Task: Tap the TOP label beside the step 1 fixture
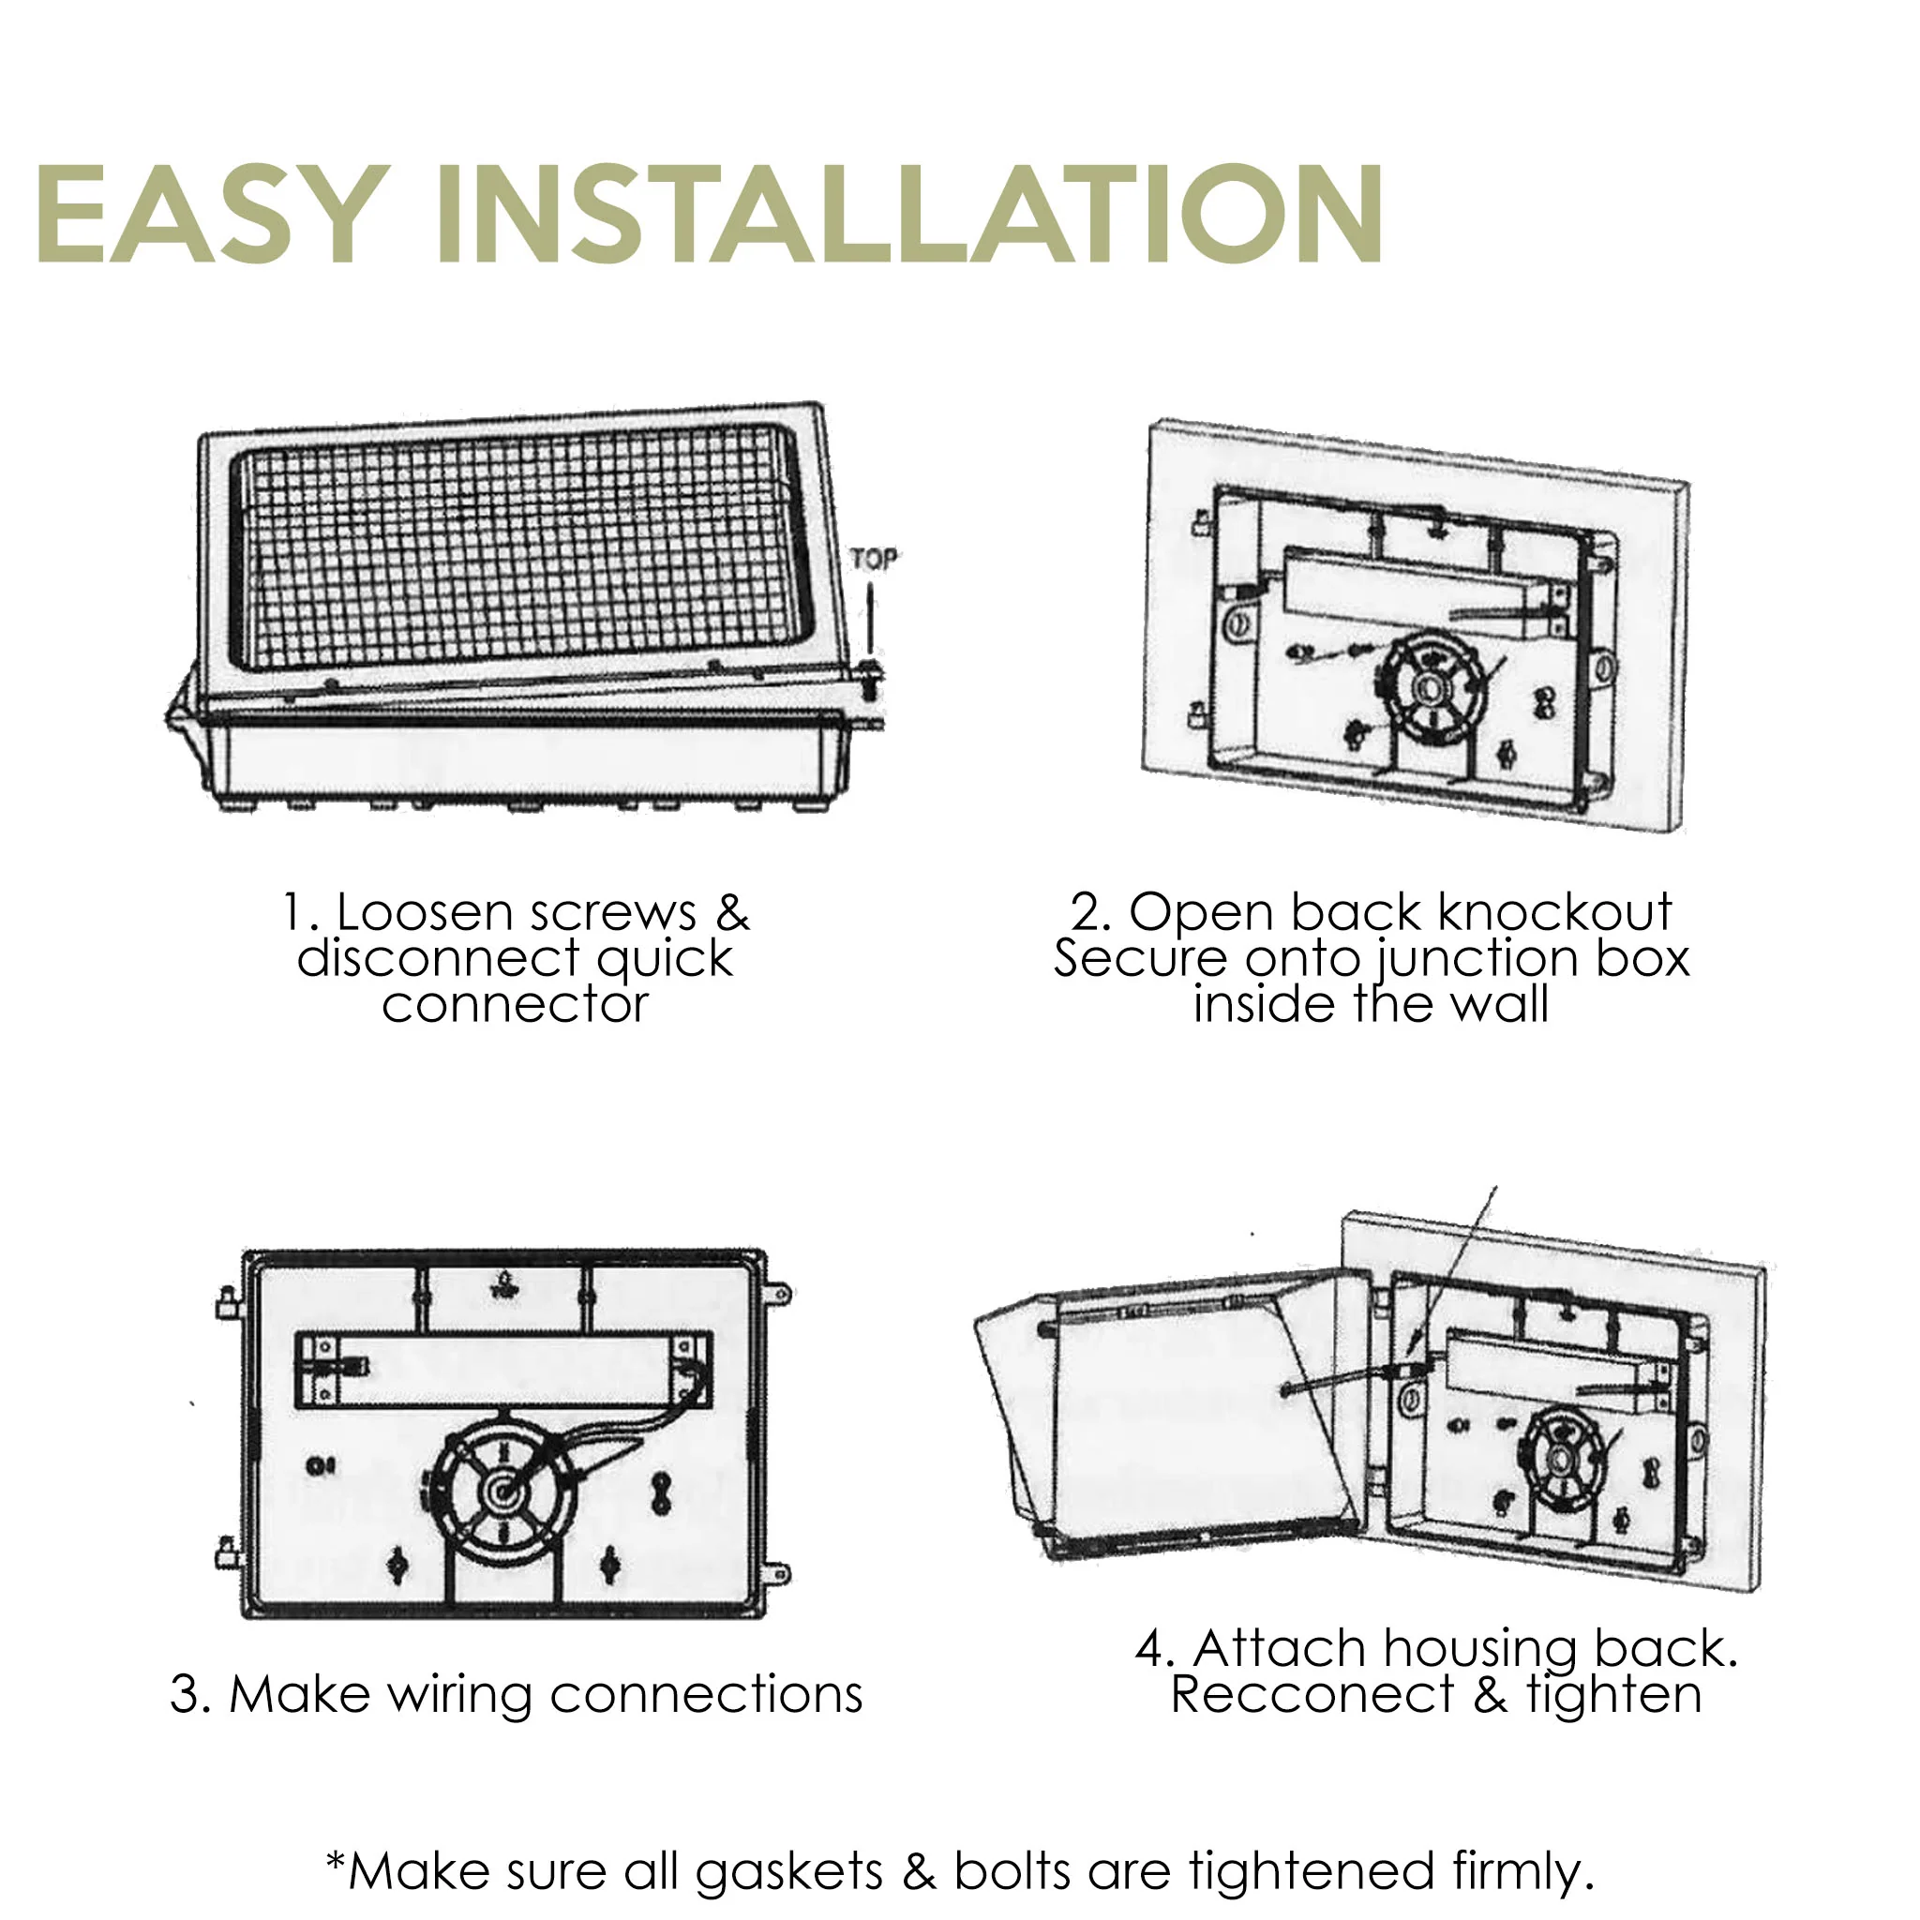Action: click(873, 560)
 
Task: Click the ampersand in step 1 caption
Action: click(732, 912)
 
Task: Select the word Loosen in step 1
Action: click(416, 912)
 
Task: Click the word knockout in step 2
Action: click(1555, 912)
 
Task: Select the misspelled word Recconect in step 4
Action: click(1312, 1694)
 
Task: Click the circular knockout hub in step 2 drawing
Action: click(1431, 688)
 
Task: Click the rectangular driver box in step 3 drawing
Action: click(502, 1370)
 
